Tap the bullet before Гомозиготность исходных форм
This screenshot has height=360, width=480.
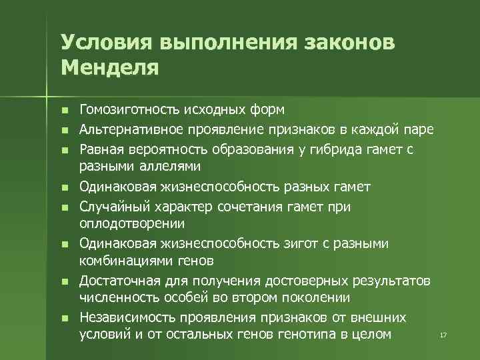pyautogui.click(x=64, y=110)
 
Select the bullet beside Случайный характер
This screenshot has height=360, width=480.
pyautogui.click(x=64, y=208)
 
